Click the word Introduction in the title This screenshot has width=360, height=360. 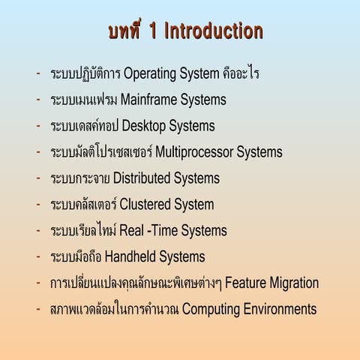[x=214, y=31]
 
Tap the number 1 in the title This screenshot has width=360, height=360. [x=153, y=31]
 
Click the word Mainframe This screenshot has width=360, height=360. [x=148, y=99]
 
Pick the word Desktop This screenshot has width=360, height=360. [x=144, y=126]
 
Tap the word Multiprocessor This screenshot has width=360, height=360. [x=194, y=152]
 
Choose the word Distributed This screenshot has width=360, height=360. [x=142, y=178]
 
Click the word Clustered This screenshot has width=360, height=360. [x=145, y=204]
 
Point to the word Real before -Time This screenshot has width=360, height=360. [x=131, y=230]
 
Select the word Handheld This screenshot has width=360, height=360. [x=130, y=256]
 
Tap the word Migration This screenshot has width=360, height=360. [x=294, y=283]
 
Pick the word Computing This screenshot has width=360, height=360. [x=211, y=310]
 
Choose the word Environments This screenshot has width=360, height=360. [x=280, y=309]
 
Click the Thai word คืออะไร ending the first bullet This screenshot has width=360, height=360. [x=241, y=73]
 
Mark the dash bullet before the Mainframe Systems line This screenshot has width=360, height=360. [x=38, y=100]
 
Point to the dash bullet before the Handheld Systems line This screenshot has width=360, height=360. [x=38, y=256]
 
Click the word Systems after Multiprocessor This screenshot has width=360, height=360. [x=259, y=152]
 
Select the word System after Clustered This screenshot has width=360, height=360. [x=194, y=205]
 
